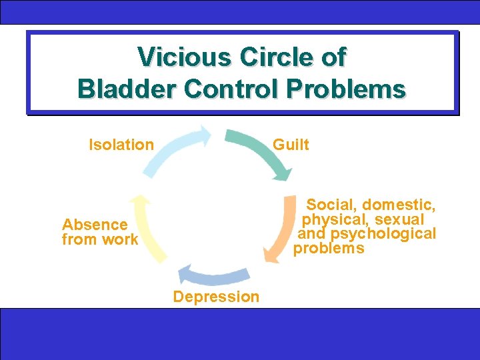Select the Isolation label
pos(121,145)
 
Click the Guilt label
pos(291,145)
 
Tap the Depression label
pos(216,297)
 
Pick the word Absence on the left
pos(95,225)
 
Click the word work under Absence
pos(120,239)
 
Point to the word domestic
pos(399,205)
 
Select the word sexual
pos(399,219)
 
